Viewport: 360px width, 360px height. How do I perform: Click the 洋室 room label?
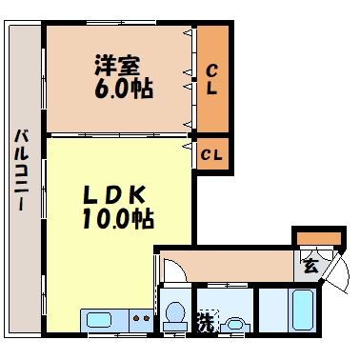point(115,67)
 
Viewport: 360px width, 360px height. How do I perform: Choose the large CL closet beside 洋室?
point(213,80)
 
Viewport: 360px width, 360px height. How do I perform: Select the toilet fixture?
point(174,317)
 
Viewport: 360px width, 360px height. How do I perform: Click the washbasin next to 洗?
point(233,324)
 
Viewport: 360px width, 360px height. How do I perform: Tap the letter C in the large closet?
point(213,68)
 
